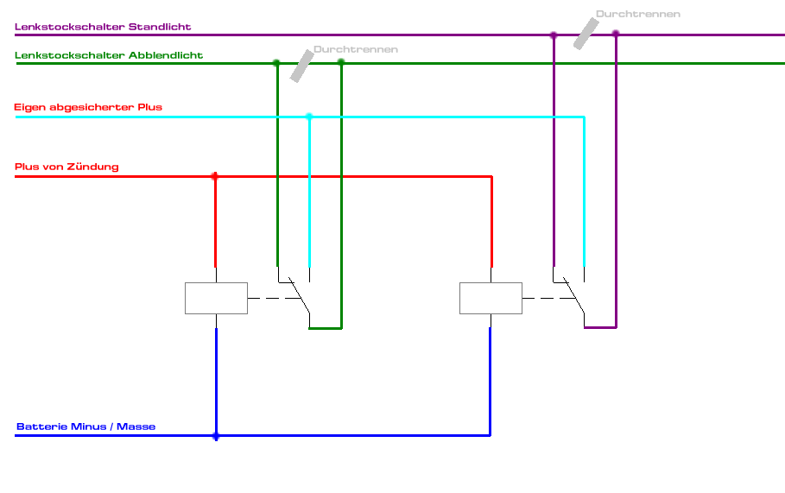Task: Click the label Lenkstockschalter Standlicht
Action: pos(103,27)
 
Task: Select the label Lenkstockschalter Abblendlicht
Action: pos(109,55)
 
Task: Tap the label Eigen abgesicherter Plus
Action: pos(88,107)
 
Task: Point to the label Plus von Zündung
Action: pos(66,167)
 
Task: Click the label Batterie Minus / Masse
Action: pos(85,427)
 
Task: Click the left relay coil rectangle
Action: pos(216,298)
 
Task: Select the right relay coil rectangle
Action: pos(491,298)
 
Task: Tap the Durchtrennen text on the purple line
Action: pos(637,14)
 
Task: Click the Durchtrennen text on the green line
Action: pos(356,49)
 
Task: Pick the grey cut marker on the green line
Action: pos(301,66)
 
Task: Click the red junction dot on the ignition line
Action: pos(215,176)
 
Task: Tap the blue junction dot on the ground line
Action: pos(216,436)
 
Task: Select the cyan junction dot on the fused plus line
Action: pos(309,117)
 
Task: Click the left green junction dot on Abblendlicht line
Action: pos(276,62)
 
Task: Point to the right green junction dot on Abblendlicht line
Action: pos(341,62)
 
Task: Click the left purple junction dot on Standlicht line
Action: pos(554,35)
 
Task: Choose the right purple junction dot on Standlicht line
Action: pos(616,35)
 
